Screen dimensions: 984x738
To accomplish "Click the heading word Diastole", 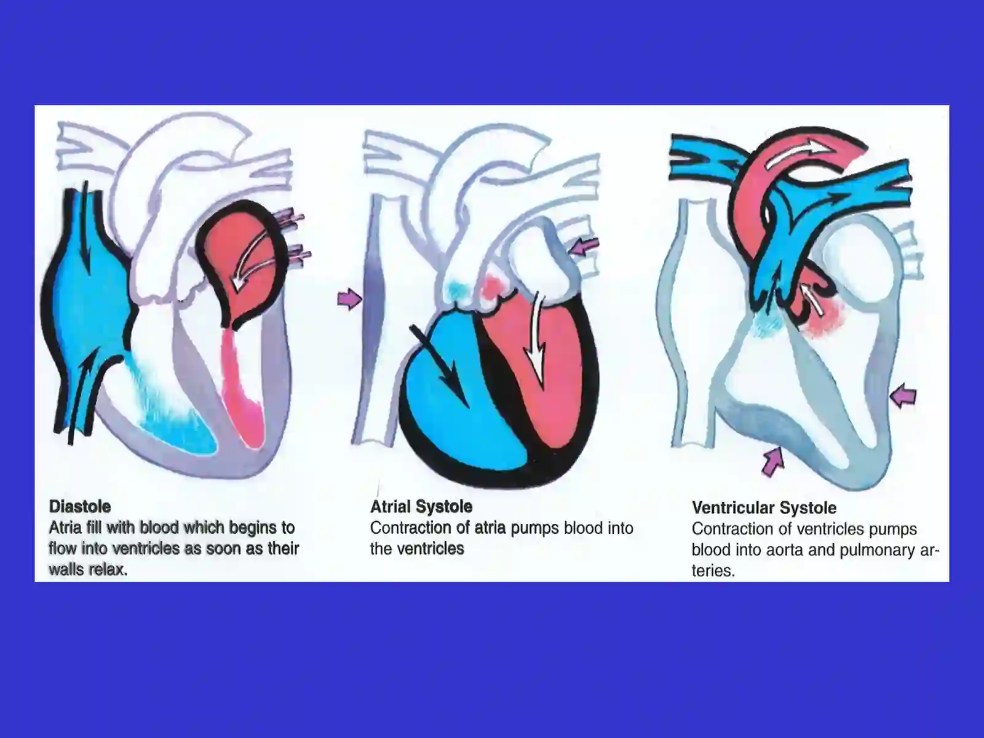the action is coord(80,506).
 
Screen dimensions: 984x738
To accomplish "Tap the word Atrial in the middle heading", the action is coord(390,506).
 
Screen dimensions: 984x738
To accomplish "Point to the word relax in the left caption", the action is coord(108,569).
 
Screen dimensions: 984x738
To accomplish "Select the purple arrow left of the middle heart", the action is coord(350,298).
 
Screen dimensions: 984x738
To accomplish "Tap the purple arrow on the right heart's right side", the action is coord(902,395).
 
